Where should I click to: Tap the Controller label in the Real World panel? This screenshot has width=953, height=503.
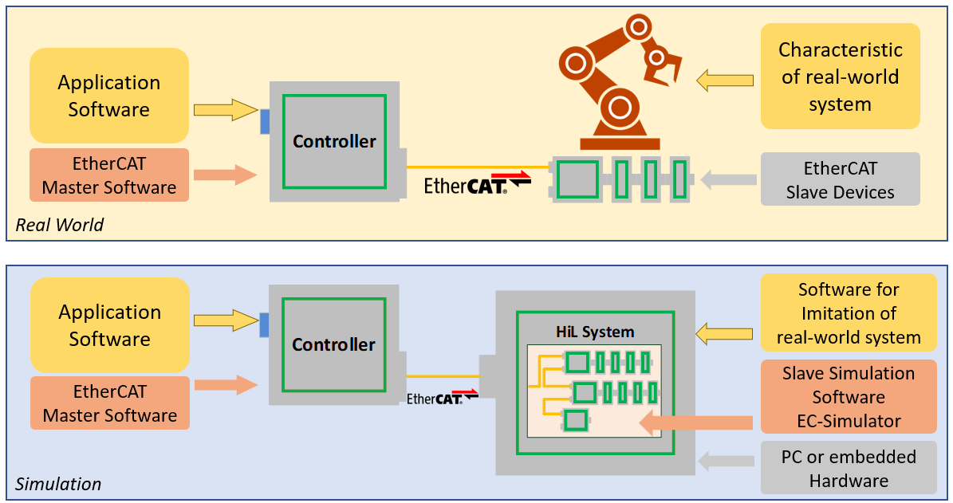tap(334, 142)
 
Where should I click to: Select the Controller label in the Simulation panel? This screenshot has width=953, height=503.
tap(333, 345)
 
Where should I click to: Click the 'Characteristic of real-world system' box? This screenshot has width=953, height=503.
tap(840, 77)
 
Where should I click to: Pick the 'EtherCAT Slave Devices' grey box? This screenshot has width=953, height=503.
tap(840, 180)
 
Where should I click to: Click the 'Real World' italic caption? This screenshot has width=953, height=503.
tap(60, 225)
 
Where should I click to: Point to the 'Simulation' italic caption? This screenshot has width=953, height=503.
tap(58, 484)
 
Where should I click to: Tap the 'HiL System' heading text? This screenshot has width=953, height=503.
tap(595, 332)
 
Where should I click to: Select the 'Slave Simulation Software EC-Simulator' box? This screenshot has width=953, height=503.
tap(848, 397)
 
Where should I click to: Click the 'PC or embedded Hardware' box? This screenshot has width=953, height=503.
tap(848, 468)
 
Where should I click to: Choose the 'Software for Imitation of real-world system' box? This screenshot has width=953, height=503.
tap(848, 313)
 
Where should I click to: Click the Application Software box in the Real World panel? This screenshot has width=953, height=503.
tap(109, 96)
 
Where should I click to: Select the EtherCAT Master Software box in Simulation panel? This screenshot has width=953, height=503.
tap(109, 403)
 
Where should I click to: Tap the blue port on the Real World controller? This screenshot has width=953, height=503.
tap(265, 120)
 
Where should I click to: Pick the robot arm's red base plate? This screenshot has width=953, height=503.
tap(620, 143)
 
